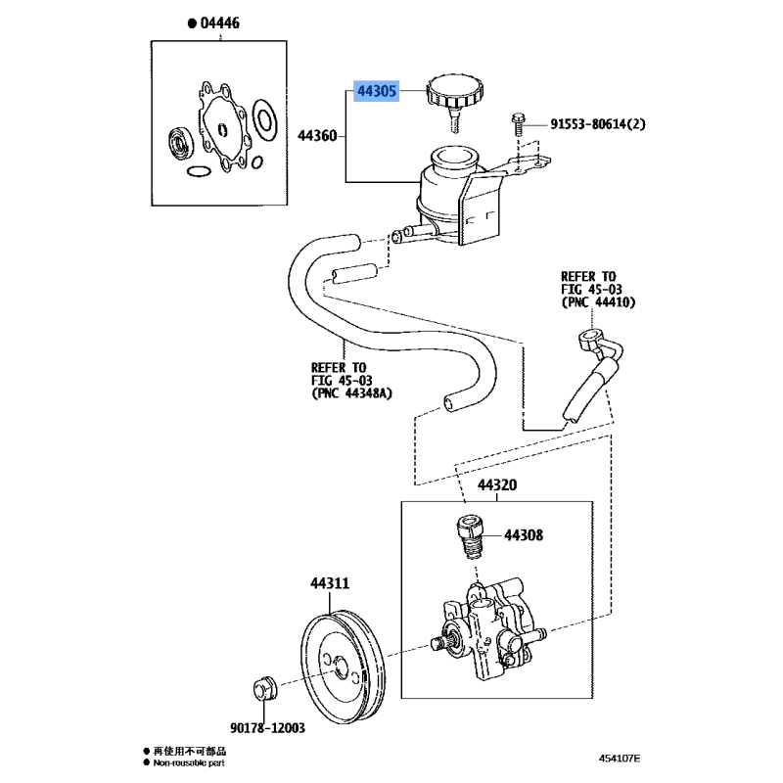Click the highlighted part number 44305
click(x=376, y=92)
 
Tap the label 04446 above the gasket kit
click(x=219, y=23)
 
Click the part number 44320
click(x=497, y=486)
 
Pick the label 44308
click(x=524, y=535)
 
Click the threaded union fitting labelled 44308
click(x=468, y=536)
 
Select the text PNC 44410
click(x=598, y=303)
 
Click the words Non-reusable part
click(x=190, y=761)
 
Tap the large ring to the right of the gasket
click(x=263, y=118)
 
